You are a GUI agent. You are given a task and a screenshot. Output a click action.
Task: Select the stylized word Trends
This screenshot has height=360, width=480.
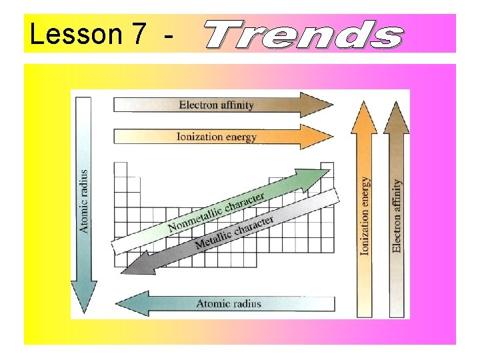coord(303,35)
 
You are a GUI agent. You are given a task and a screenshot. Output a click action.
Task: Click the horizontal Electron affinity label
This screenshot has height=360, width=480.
coord(216,105)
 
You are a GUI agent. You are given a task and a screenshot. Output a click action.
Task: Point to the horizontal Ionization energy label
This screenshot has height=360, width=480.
coord(216,137)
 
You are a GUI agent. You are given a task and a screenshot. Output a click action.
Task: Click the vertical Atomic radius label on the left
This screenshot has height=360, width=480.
coord(84,200)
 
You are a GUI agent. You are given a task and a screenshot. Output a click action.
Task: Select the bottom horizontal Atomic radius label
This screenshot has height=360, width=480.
coord(229,304)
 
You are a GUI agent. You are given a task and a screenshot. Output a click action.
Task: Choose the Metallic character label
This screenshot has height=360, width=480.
coord(234,233)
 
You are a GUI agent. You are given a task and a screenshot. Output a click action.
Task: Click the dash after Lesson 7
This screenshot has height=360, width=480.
coord(164,37)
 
